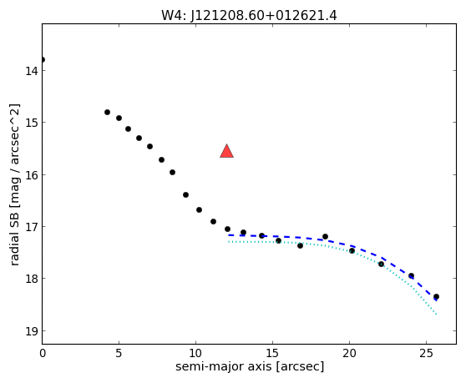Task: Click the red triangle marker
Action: (227, 151)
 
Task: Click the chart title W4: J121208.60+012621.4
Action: (249, 16)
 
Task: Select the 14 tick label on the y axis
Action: (31, 71)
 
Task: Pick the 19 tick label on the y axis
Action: (31, 331)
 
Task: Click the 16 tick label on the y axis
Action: (31, 175)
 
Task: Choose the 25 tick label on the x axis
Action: (426, 353)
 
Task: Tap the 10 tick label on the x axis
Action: (195, 353)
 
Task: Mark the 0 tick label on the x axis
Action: (43, 353)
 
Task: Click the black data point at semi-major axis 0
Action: (43, 60)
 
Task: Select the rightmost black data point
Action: (436, 296)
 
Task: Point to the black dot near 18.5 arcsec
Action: (325, 237)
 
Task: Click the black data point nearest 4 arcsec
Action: (107, 112)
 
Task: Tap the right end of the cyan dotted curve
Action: (436, 314)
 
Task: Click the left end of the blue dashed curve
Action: (229, 235)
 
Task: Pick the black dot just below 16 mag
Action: (172, 172)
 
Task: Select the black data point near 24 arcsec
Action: (412, 276)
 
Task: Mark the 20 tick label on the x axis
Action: (349, 353)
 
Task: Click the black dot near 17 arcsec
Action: (300, 245)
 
